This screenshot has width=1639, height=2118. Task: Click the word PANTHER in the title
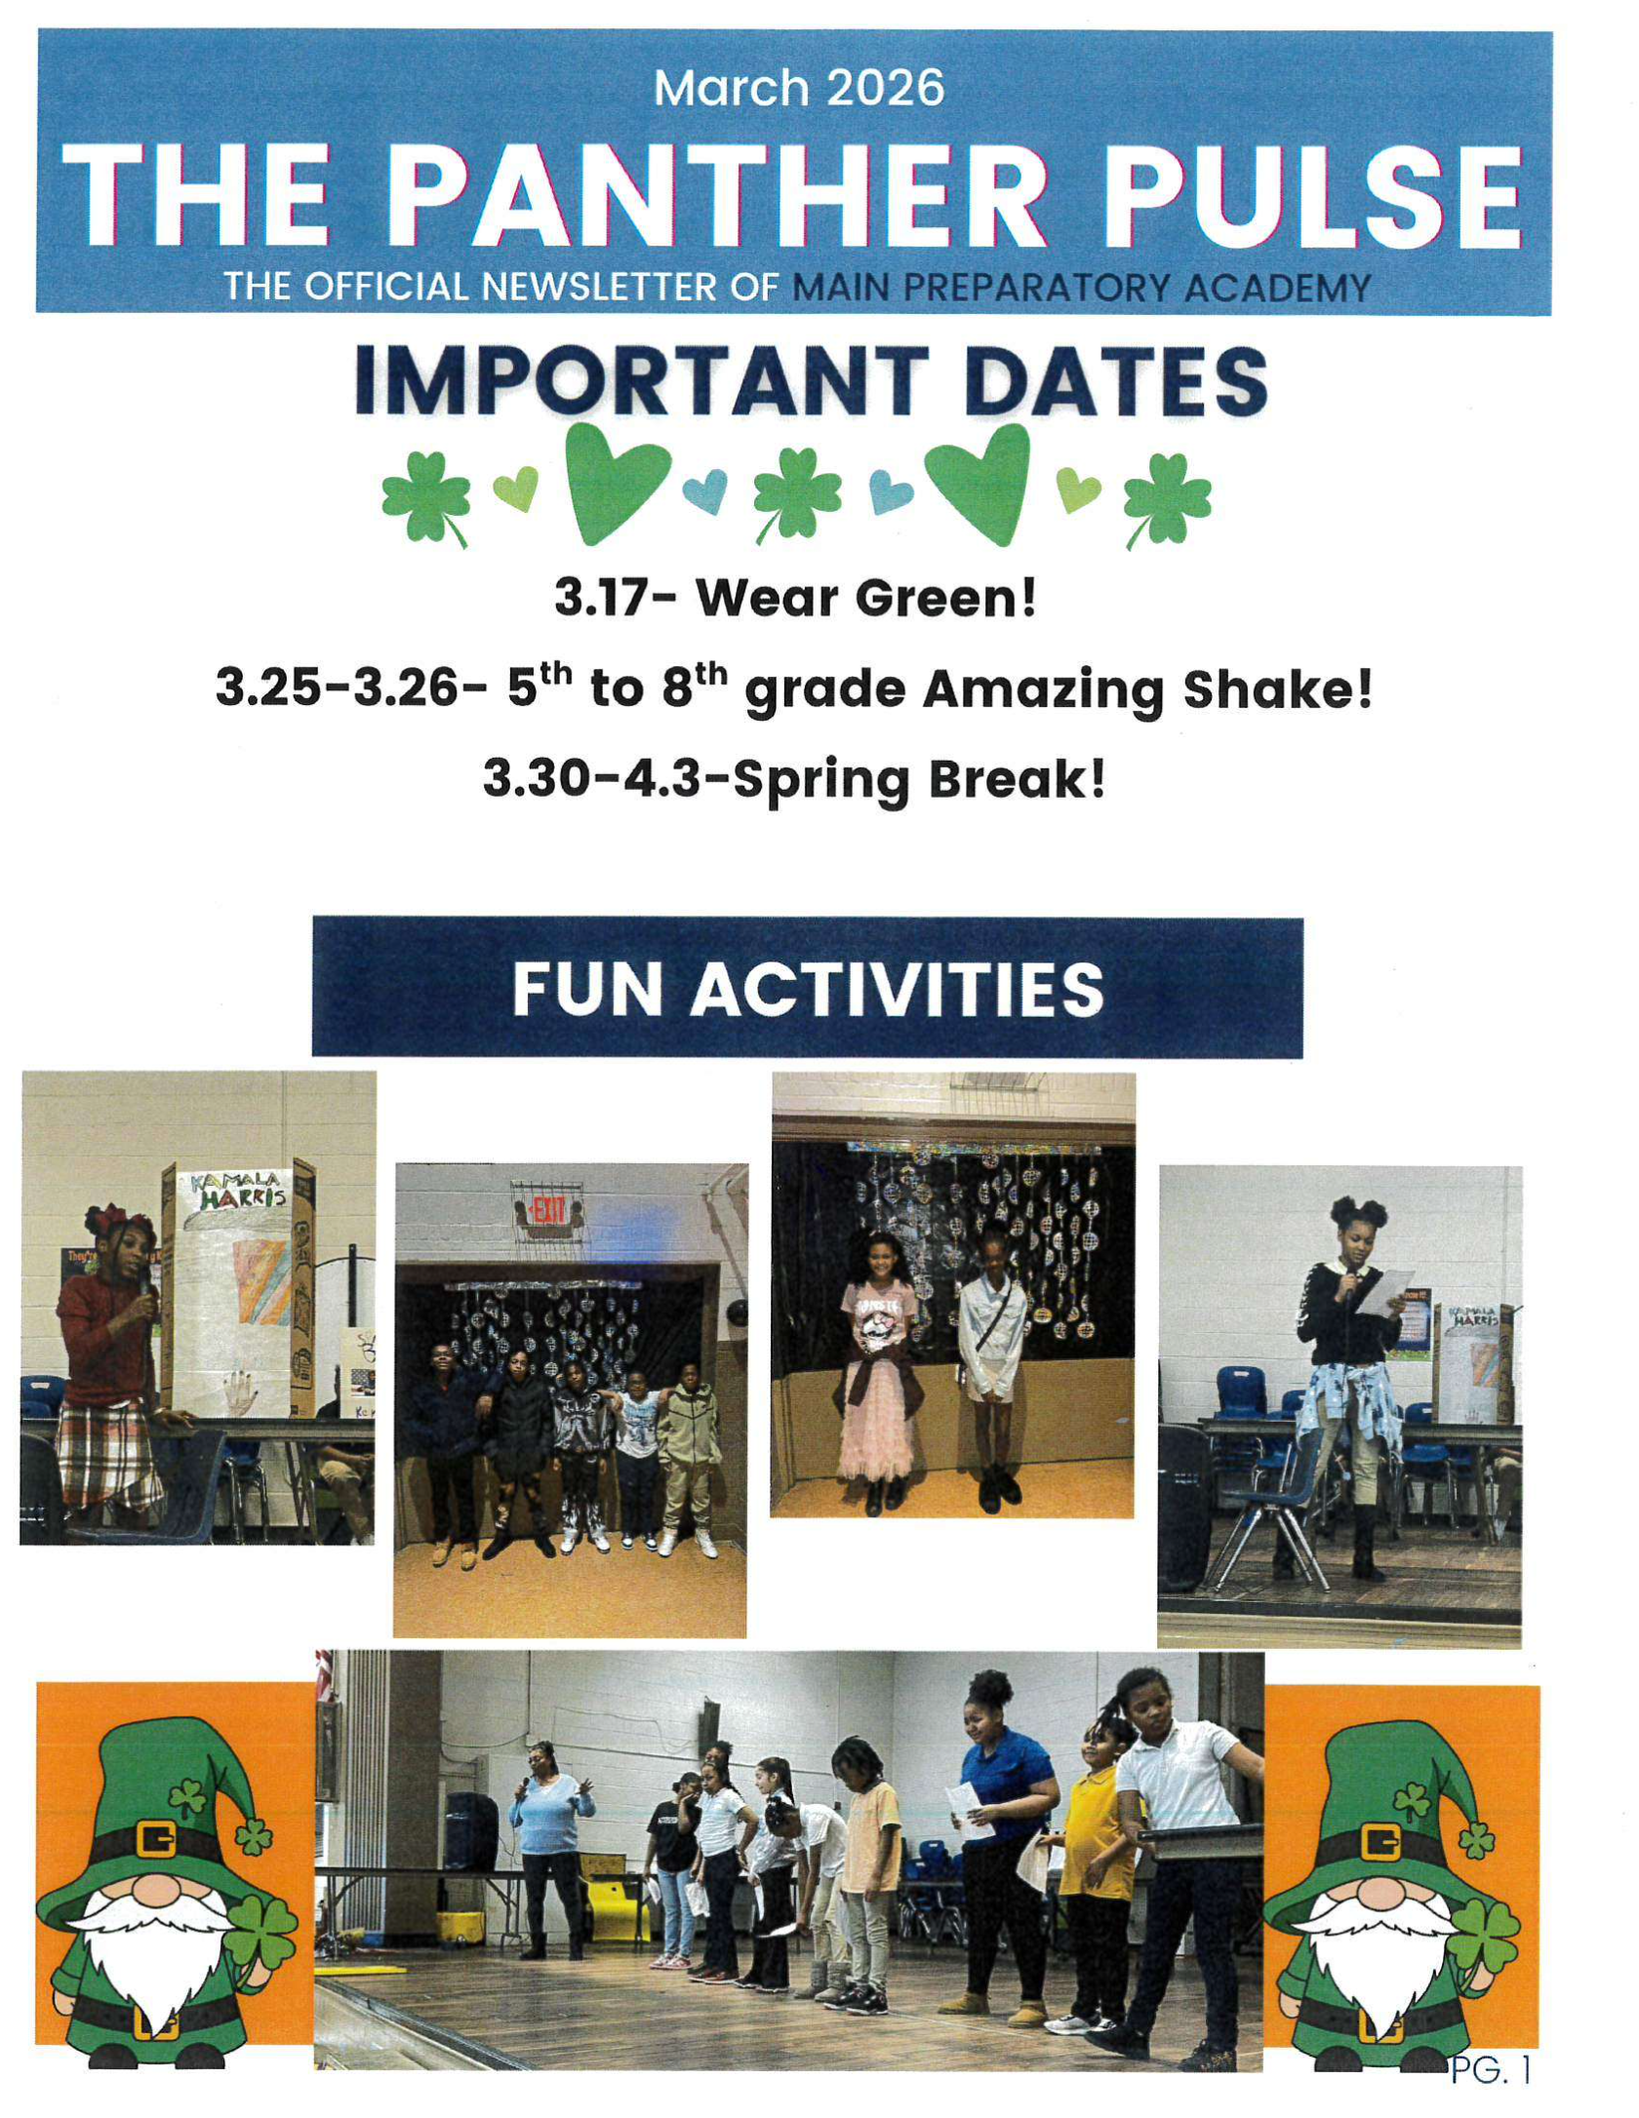point(720,195)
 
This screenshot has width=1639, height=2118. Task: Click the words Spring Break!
point(919,779)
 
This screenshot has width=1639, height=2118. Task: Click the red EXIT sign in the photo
point(547,1215)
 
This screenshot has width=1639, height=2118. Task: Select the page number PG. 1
point(1490,2096)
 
